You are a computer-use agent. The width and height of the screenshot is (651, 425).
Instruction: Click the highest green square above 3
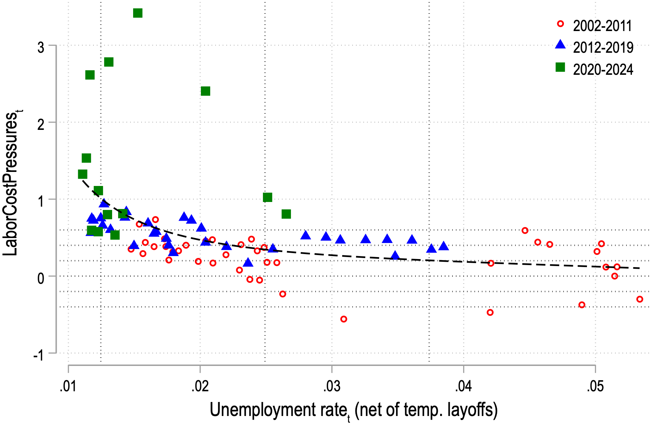(x=138, y=13)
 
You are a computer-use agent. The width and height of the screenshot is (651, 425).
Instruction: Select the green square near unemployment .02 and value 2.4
(x=206, y=91)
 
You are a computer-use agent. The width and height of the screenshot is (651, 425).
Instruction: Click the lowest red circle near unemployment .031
(x=344, y=319)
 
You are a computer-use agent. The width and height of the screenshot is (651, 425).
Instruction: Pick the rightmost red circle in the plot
(x=640, y=299)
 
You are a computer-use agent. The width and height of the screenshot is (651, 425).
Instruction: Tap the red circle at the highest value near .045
(x=525, y=230)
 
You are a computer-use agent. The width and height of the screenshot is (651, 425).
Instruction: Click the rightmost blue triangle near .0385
(x=443, y=246)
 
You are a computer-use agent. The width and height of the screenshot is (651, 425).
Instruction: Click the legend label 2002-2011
(x=602, y=26)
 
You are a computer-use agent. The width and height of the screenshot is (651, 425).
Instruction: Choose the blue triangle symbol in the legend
(x=561, y=45)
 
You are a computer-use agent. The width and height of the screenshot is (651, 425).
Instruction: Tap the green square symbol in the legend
(x=561, y=67)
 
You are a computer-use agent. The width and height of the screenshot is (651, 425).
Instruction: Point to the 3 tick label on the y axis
(x=41, y=47)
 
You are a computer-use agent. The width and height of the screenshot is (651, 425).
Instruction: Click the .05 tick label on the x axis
(x=595, y=387)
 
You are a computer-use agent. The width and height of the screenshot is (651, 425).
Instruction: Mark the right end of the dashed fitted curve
(x=639, y=268)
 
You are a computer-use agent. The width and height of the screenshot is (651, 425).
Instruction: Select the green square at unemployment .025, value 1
(x=268, y=197)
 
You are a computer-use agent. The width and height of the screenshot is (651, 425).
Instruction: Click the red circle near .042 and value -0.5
(x=490, y=312)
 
